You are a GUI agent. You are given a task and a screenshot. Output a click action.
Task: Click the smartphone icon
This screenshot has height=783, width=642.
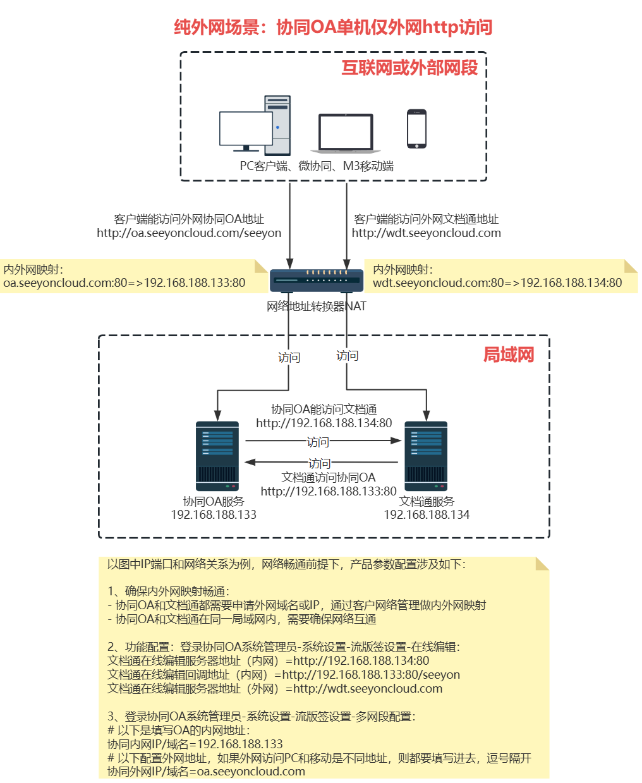pyautogui.click(x=416, y=129)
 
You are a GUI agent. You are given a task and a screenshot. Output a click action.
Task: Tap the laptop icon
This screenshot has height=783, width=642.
pyautogui.click(x=346, y=133)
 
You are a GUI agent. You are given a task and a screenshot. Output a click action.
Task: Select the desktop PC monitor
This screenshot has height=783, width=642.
pyautogui.click(x=246, y=130)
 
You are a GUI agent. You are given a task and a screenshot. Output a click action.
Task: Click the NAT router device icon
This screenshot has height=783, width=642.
pyautogui.click(x=317, y=280)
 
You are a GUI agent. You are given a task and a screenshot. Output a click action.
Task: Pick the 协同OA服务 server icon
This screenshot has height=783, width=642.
pyautogui.click(x=217, y=456)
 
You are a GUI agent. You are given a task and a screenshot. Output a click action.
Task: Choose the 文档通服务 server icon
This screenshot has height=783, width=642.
pyautogui.click(x=426, y=456)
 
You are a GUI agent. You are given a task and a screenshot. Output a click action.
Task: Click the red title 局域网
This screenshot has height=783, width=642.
pyautogui.click(x=509, y=355)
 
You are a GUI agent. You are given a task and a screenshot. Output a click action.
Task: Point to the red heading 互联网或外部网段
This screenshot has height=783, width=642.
pyautogui.click(x=409, y=68)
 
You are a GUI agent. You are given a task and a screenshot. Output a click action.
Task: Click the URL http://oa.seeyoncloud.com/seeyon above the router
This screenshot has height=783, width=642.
pyautogui.click(x=189, y=233)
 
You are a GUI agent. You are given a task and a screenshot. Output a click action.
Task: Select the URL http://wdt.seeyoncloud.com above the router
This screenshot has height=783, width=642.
pyautogui.click(x=427, y=233)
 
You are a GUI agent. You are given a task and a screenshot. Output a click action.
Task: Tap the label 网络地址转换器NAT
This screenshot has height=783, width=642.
pyautogui.click(x=317, y=307)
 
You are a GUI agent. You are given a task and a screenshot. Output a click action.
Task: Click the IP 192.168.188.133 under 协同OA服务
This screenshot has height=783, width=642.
pyautogui.click(x=214, y=515)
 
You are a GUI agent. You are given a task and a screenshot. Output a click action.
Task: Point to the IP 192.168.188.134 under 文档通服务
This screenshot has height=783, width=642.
pyautogui.click(x=427, y=515)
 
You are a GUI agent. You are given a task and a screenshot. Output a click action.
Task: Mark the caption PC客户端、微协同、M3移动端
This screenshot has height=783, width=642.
pyautogui.click(x=317, y=166)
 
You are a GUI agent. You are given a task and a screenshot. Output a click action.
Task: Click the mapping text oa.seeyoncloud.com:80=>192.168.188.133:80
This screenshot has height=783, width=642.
pyautogui.click(x=124, y=283)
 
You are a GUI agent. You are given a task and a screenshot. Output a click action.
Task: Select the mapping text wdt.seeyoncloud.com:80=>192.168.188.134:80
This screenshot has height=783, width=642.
pyautogui.click(x=497, y=283)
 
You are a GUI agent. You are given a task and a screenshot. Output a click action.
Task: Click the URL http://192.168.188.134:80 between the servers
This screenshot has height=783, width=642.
pyautogui.click(x=324, y=423)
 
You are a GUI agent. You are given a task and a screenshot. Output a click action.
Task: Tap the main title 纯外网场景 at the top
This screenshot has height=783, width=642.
pyautogui.click(x=333, y=27)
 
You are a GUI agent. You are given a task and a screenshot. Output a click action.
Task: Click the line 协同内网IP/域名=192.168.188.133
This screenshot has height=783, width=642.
pyautogui.click(x=195, y=744)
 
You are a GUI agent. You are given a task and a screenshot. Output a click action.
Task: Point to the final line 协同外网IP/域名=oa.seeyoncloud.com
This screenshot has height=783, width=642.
pyautogui.click(x=206, y=772)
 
